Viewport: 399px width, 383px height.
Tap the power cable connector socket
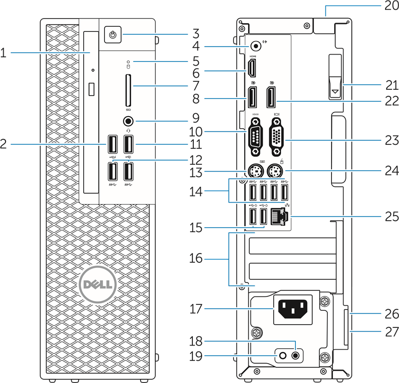(x=290, y=309)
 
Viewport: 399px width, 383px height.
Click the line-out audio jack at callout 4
(x=255, y=46)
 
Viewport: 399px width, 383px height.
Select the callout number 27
(x=392, y=330)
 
